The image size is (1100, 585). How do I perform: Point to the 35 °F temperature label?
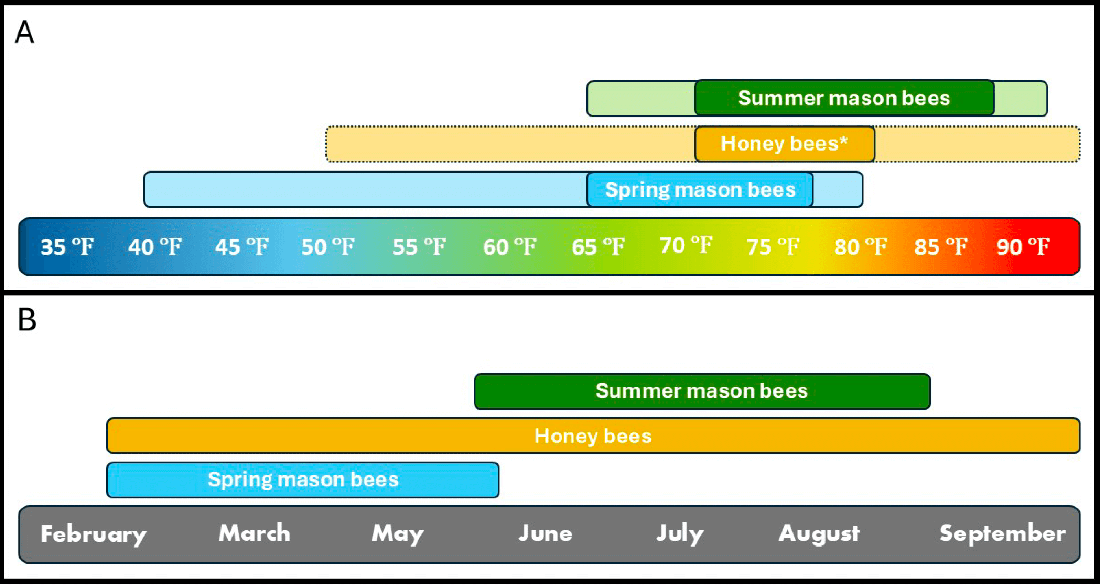(67, 247)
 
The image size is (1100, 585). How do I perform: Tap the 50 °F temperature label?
(328, 247)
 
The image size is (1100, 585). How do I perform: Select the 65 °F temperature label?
(598, 247)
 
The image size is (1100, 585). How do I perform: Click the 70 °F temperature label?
(686, 245)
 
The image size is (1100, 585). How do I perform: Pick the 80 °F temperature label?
(861, 247)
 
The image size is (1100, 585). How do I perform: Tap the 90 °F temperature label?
(1023, 247)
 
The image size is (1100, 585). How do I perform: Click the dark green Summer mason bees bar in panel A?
(844, 98)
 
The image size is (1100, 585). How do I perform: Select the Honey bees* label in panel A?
(784, 143)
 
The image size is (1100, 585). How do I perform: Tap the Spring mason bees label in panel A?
(700, 189)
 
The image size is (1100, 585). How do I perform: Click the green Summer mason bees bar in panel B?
(702, 391)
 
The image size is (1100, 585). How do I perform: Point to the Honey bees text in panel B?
(593, 435)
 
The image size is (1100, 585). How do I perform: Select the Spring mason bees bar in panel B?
(303, 479)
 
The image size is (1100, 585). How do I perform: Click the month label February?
(94, 534)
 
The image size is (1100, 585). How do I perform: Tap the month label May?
(398, 534)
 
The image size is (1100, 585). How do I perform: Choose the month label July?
(680, 534)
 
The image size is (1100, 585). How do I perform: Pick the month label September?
(1002, 534)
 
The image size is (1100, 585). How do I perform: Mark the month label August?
(819, 534)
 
